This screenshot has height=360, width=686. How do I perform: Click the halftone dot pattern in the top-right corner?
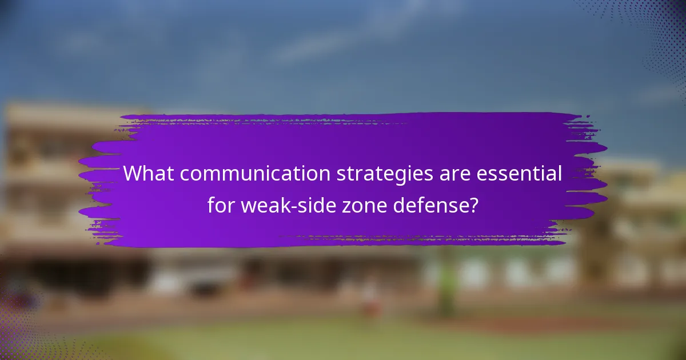point(657,29)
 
